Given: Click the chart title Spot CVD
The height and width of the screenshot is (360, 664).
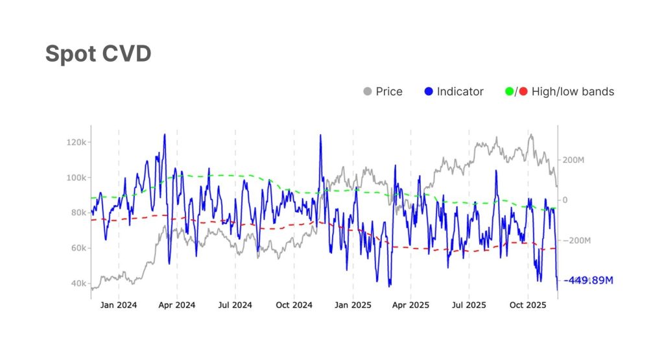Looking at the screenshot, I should pyautogui.click(x=98, y=54).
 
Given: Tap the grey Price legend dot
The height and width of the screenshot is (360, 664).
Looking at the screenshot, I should pyautogui.click(x=367, y=91).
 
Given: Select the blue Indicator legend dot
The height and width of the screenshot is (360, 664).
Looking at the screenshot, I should pyautogui.click(x=428, y=91).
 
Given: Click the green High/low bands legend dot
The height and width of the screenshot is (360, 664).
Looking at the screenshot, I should pyautogui.click(x=509, y=91).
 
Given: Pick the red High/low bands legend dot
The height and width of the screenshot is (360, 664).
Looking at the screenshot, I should pyautogui.click(x=523, y=91).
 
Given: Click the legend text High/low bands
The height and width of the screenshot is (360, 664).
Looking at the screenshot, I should pyautogui.click(x=573, y=91).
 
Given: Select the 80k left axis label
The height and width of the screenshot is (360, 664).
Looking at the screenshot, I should pyautogui.click(x=78, y=213).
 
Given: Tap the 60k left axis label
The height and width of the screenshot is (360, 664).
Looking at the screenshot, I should pyautogui.click(x=78, y=248).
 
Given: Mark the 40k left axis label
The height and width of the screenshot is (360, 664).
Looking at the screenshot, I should pyautogui.click(x=78, y=283).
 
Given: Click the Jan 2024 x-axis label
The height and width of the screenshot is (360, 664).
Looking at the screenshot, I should pyautogui.click(x=119, y=305).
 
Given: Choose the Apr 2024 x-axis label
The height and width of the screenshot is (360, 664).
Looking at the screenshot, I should pyautogui.click(x=177, y=305).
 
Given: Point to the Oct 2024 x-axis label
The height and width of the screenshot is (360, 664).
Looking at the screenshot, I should pyautogui.click(x=294, y=305).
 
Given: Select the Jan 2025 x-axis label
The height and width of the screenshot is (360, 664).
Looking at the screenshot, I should pyautogui.click(x=353, y=305).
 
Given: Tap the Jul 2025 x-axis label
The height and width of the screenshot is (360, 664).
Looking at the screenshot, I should pyautogui.click(x=469, y=305).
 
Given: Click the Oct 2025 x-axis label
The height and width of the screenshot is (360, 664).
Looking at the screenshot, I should pyautogui.click(x=528, y=305).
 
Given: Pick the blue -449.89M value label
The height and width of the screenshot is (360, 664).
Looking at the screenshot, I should pyautogui.click(x=589, y=280).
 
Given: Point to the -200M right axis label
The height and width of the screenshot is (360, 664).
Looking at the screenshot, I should pyautogui.click(x=576, y=241).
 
